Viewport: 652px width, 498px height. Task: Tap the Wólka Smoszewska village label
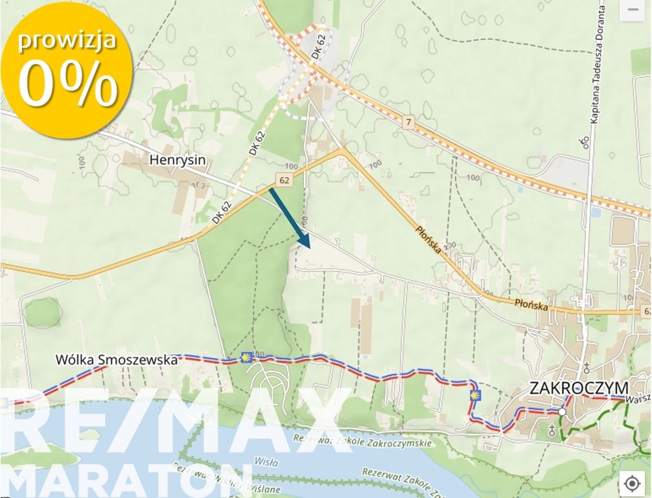pyautogui.click(x=117, y=359)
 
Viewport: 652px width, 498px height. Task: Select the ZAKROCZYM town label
pyautogui.click(x=578, y=388)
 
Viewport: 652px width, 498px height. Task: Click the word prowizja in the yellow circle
pyautogui.click(x=67, y=40)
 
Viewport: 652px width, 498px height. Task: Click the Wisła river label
pyautogui.click(x=266, y=463)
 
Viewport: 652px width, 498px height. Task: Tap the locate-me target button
pyautogui.click(x=633, y=483)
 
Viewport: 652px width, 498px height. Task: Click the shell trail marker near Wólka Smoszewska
pyautogui.click(x=246, y=357)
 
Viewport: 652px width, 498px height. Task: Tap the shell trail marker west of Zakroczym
pyautogui.click(x=476, y=395)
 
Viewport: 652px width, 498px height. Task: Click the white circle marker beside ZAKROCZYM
pyautogui.click(x=562, y=411)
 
